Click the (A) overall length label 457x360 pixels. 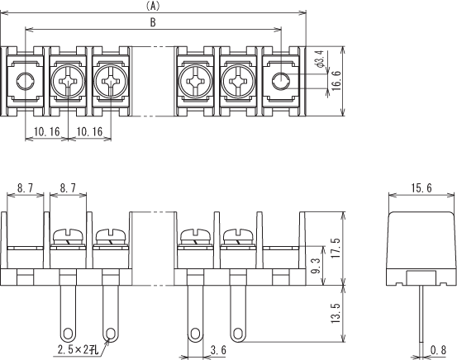click(x=153, y=6)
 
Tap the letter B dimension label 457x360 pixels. click(x=153, y=22)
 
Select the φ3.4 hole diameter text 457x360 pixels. click(x=321, y=59)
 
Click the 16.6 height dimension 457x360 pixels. click(x=336, y=81)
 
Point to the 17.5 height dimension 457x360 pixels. click(x=336, y=248)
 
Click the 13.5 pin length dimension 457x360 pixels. click(x=336, y=313)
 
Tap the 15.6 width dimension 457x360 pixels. click(x=421, y=188)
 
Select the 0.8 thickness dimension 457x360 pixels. click(x=439, y=350)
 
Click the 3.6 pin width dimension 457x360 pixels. click(x=218, y=350)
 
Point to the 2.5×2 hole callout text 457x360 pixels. click(x=78, y=349)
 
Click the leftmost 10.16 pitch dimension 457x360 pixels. click(x=46, y=131)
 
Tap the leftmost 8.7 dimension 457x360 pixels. click(x=25, y=188)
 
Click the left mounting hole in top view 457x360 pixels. click(x=26, y=81)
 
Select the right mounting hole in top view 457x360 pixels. click(x=281, y=81)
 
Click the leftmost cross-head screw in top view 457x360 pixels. click(x=69, y=81)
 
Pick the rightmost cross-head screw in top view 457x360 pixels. click(x=238, y=81)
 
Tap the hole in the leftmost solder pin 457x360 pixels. click(x=69, y=334)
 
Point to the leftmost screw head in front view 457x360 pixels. click(x=69, y=235)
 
